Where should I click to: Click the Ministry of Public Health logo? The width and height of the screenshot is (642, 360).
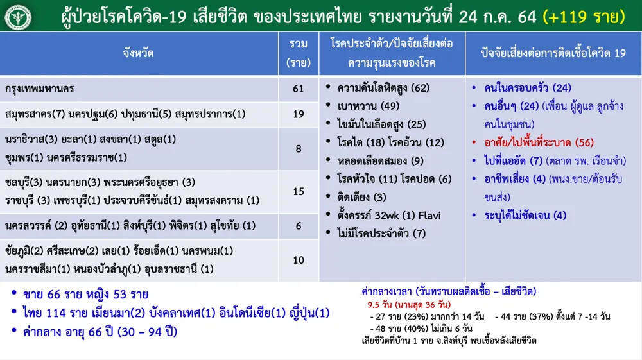(18, 17)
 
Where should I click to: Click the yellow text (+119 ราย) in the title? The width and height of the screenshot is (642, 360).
(584, 17)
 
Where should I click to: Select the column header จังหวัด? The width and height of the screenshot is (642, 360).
(139, 53)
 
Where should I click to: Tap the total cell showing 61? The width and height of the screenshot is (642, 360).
(298, 89)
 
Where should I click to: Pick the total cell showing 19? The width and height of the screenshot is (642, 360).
(298, 114)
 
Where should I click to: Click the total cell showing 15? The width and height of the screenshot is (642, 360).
(298, 191)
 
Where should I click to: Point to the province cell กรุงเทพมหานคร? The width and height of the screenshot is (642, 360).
(40, 89)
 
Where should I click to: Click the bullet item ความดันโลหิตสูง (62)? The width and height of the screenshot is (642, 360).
(383, 88)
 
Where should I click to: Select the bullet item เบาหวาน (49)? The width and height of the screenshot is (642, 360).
(368, 107)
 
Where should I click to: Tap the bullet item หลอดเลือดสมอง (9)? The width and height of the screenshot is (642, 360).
(380, 161)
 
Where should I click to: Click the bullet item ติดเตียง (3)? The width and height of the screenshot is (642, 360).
(361, 197)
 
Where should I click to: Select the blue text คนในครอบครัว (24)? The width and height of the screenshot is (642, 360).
(527, 88)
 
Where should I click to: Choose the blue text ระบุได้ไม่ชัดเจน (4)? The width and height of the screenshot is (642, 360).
(525, 216)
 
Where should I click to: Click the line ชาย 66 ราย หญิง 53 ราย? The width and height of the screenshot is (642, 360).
(85, 295)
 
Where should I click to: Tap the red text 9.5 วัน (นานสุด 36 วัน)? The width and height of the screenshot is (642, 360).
(409, 305)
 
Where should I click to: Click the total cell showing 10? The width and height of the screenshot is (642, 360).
(298, 260)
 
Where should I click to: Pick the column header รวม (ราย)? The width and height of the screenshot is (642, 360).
(298, 53)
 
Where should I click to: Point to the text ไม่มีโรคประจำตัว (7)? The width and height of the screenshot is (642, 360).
(381, 234)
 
